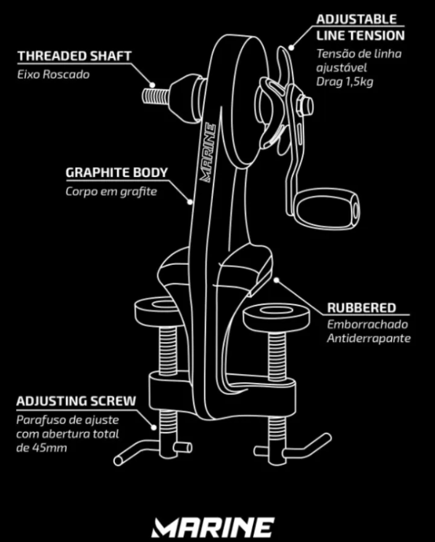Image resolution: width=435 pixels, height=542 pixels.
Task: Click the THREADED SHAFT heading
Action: pyautogui.click(x=74, y=56)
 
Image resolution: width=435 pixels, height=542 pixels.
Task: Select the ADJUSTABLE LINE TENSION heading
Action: pyautogui.click(x=360, y=28)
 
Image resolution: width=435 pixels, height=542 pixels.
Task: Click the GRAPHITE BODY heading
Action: pyautogui.click(x=117, y=172)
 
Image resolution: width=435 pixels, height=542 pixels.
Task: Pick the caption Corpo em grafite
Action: pyautogui.click(x=111, y=191)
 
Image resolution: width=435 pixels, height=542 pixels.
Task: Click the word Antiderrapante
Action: pyautogui.click(x=369, y=338)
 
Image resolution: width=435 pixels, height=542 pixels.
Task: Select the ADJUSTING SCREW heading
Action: pyautogui.click(x=76, y=401)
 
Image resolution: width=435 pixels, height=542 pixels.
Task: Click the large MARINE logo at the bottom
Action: pyautogui.click(x=213, y=527)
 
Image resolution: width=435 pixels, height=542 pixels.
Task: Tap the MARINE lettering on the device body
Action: pyautogui.click(x=209, y=151)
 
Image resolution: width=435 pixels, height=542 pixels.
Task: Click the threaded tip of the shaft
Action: pyautogui.click(x=152, y=96)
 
